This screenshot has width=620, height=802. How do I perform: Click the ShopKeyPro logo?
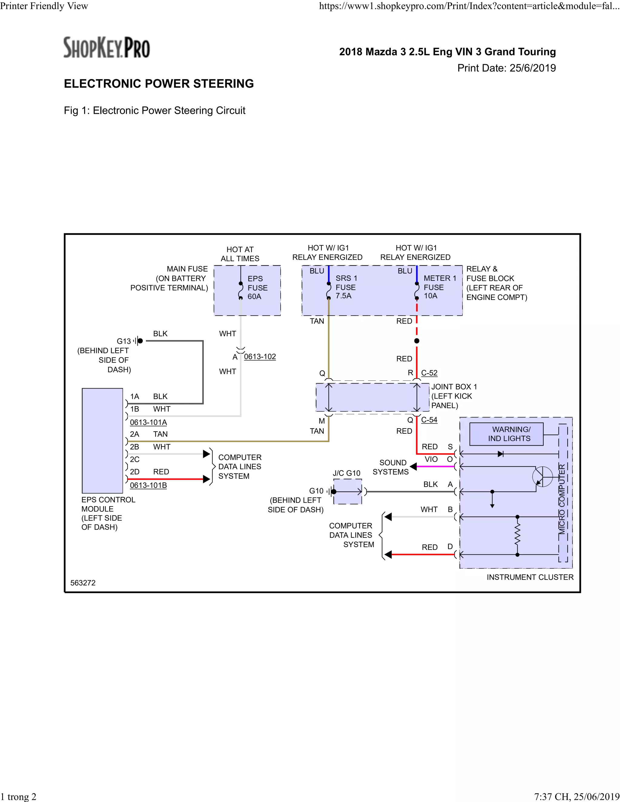[107, 48]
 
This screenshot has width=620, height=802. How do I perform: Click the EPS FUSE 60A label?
[257, 288]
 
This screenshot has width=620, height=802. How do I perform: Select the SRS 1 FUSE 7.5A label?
[346, 287]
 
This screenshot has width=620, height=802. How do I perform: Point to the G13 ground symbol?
[138, 341]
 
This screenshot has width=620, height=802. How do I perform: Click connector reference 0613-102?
[260, 357]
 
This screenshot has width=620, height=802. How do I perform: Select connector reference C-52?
[429, 373]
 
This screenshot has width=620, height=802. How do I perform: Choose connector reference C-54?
[429, 420]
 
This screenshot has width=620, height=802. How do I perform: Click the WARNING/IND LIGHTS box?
[506, 434]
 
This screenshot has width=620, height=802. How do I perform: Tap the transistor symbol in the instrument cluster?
[542, 477]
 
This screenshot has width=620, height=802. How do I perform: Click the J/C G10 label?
[346, 473]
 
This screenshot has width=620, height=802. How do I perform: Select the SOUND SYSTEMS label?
[391, 467]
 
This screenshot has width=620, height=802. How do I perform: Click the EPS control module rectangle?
[102, 440]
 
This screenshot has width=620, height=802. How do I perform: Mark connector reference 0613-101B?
[148, 485]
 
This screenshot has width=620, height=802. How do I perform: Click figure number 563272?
[83, 583]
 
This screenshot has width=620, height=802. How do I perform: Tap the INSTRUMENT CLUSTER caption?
[530, 577]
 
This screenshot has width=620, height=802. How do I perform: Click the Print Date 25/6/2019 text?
[506, 68]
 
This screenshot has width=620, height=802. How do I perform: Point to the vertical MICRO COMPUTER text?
[562, 499]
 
